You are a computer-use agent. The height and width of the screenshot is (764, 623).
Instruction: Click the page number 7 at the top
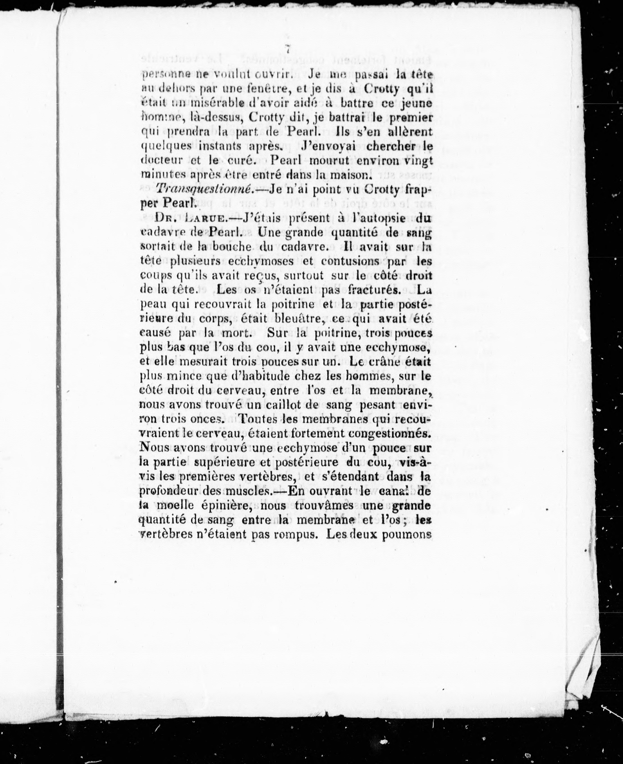(287, 49)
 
